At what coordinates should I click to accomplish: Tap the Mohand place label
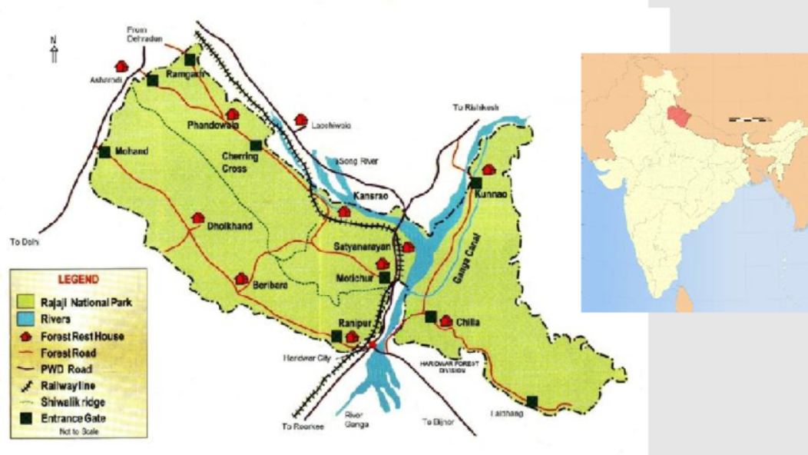point(131,151)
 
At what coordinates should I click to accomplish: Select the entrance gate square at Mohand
point(104,151)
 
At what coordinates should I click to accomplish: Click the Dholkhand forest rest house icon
point(198,218)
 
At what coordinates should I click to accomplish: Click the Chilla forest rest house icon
point(446,320)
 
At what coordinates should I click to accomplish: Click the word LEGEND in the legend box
point(78,278)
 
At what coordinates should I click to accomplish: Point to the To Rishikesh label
point(475,108)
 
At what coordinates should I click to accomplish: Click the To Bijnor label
point(439,422)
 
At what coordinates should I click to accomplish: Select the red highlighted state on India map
point(676,117)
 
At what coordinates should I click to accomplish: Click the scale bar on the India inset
point(748,120)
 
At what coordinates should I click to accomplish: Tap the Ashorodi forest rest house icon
point(121,67)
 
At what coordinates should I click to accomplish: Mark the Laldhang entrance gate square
point(532,400)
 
